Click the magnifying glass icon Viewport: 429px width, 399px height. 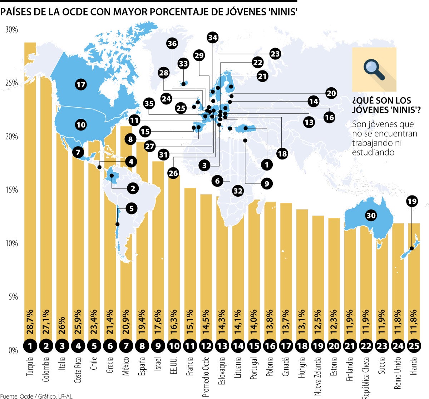click(x=374, y=70)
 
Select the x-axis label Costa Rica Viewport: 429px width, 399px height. click(x=78, y=370)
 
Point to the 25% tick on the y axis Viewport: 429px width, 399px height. click(x=11, y=83)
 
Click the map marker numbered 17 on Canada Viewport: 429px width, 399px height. click(x=81, y=85)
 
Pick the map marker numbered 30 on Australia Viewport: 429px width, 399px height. click(x=371, y=215)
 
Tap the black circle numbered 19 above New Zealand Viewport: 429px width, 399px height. click(x=412, y=201)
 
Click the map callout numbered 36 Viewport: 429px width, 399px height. click(x=172, y=44)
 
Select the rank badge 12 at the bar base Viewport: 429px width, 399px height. click(x=206, y=346)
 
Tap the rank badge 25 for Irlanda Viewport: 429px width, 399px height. click(x=414, y=346)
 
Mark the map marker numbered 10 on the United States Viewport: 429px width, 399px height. click(x=81, y=125)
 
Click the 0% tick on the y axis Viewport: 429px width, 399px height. click(x=13, y=350)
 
